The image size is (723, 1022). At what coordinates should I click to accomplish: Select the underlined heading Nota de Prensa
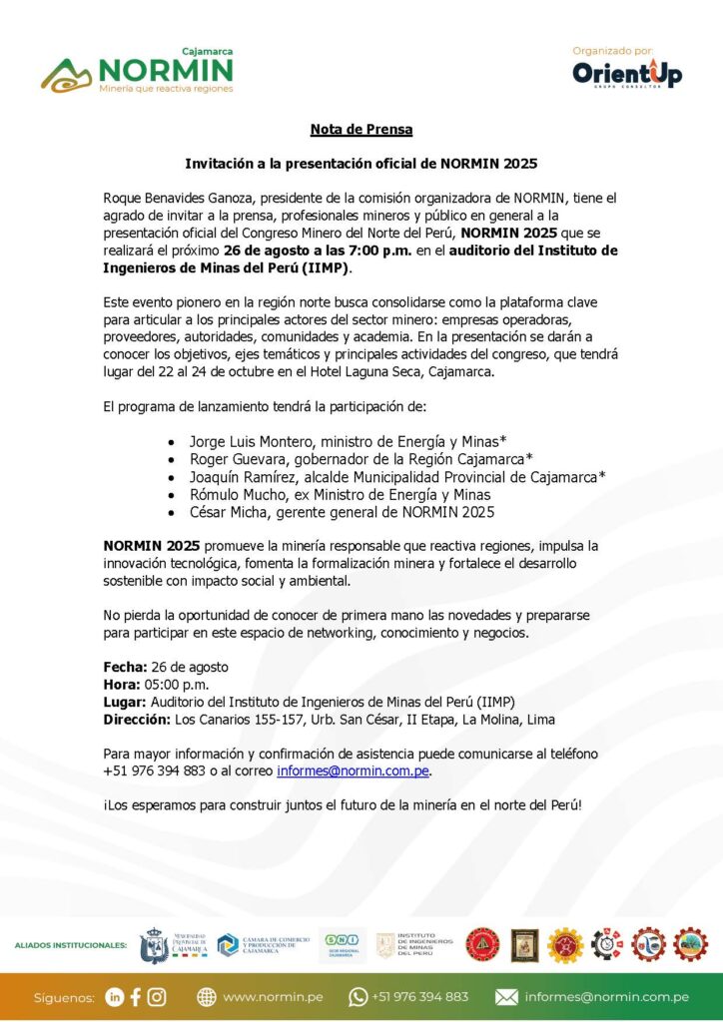[x=361, y=129]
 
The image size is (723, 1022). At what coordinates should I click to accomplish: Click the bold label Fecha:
[x=125, y=666]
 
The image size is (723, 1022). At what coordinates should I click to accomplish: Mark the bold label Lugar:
[x=125, y=702]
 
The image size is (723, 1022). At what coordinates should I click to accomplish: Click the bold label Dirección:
[x=137, y=719]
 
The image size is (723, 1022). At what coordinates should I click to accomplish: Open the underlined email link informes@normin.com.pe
[x=353, y=771]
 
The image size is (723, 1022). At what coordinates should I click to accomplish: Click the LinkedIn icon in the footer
[x=115, y=996]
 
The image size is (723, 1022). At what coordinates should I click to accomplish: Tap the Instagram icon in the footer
[x=157, y=996]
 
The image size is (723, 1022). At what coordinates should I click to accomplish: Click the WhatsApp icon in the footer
[x=358, y=996]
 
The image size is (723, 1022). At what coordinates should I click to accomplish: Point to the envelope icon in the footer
[x=506, y=996]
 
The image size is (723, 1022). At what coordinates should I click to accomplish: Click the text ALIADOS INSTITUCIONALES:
[x=71, y=944]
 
